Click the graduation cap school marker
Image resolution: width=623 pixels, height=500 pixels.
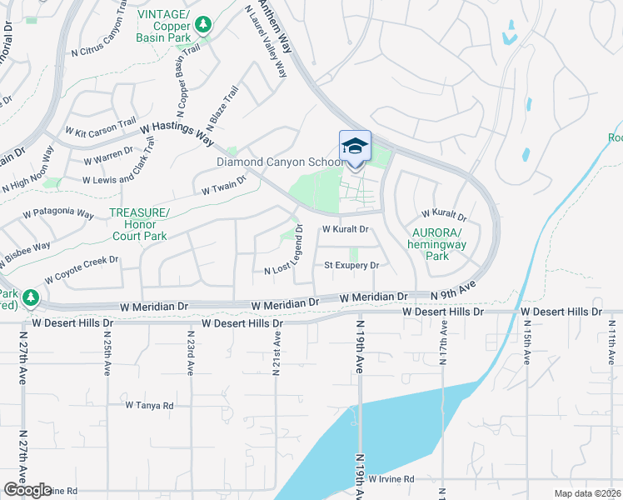(355, 147)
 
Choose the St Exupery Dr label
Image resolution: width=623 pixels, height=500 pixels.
(351, 266)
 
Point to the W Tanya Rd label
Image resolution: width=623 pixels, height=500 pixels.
(149, 406)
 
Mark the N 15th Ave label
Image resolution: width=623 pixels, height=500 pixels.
(527, 343)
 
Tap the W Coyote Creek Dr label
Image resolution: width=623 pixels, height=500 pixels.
(82, 267)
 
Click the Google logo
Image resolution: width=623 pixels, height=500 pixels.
(27, 490)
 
